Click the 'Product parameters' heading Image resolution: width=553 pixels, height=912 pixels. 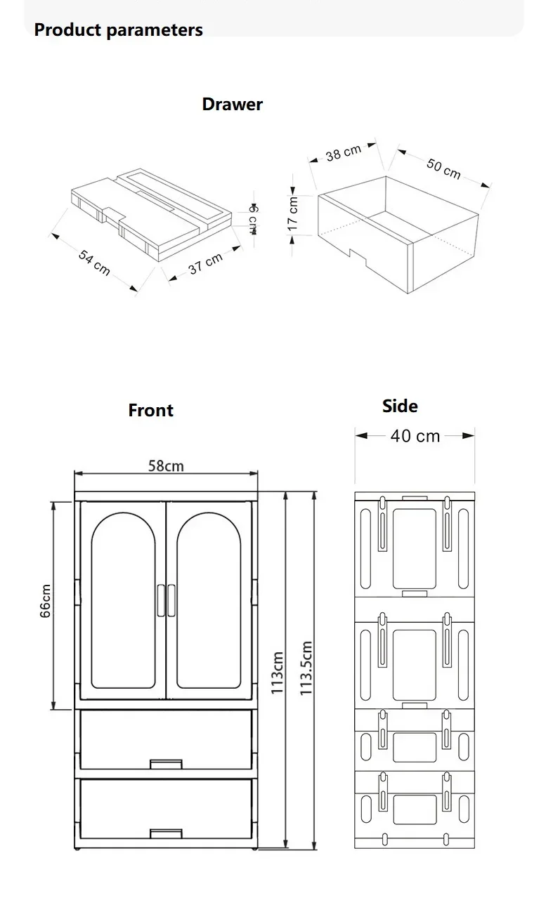[x=118, y=30]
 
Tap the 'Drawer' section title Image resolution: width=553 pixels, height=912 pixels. [x=232, y=105]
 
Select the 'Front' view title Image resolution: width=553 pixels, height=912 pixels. [x=150, y=410]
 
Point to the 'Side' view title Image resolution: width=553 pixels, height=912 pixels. [x=400, y=406]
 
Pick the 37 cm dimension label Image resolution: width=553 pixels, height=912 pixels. [x=206, y=264]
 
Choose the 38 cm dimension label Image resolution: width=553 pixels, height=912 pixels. [x=343, y=152]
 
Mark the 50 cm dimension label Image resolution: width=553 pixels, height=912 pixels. [x=443, y=168]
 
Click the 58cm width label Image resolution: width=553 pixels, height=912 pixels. [x=166, y=465]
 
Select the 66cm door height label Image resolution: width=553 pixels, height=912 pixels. [x=46, y=601]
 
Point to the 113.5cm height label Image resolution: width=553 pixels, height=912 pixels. [x=306, y=668]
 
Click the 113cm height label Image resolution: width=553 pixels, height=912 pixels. [x=278, y=673]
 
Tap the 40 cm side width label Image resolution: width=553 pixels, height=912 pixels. [x=415, y=436]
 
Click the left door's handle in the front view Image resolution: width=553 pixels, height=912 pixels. [x=161, y=600]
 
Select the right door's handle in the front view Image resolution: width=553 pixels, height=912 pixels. [x=171, y=600]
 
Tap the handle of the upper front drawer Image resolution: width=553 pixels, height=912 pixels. [x=166, y=763]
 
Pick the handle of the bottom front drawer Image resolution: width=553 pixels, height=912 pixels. [x=166, y=833]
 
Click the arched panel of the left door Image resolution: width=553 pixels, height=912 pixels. [x=124, y=600]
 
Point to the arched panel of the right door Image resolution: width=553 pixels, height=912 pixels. [x=209, y=600]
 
